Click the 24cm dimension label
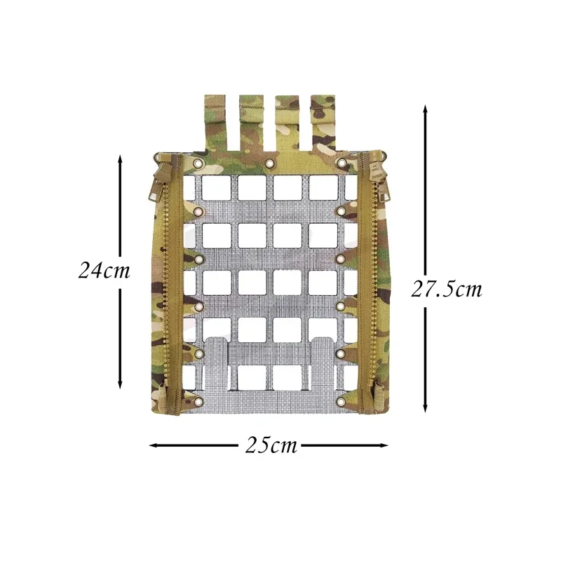pyautogui.click(x=104, y=270)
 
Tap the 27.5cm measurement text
pyautogui.click(x=447, y=289)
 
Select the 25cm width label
pyautogui.click(x=271, y=445)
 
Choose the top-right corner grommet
pyautogui.click(x=342, y=163)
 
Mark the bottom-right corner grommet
pyautogui.click(x=342, y=402)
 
